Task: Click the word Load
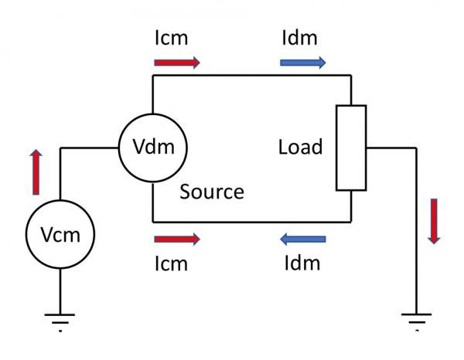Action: (300, 147)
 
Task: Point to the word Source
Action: (212, 192)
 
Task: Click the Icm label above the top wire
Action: (172, 38)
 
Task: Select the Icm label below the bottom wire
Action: (172, 263)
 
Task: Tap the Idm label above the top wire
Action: (299, 38)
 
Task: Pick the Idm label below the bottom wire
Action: (302, 263)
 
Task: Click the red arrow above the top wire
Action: (177, 63)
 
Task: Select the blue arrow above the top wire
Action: (302, 63)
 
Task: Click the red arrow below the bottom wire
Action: (177, 239)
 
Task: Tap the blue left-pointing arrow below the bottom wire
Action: (302, 239)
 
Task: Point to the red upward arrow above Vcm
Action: (36, 172)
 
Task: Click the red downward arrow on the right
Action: (434, 222)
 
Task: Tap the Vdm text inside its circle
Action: (153, 146)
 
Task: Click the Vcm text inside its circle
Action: (60, 235)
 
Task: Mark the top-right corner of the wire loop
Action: (351, 76)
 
